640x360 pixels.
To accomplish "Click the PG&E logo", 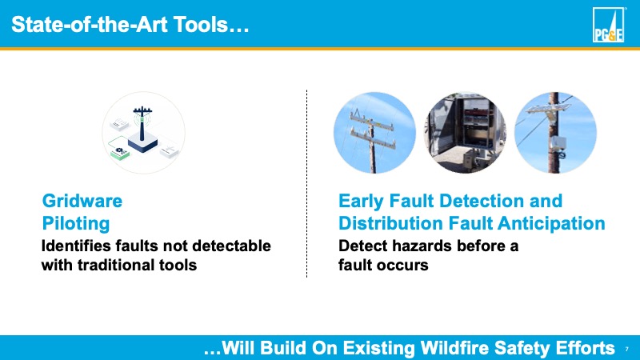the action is click(x=608, y=25).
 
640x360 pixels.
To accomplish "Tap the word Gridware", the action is click(x=82, y=201).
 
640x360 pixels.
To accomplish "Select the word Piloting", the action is click(x=76, y=224).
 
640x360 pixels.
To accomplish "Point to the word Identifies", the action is click(x=76, y=246).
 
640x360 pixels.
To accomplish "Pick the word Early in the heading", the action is click(x=361, y=202).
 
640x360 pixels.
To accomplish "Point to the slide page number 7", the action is click(x=627, y=349).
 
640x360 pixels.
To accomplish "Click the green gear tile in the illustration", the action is click(x=119, y=149).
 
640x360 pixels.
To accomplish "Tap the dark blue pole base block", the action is click(x=142, y=144).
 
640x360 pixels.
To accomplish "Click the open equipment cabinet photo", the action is click(x=466, y=133).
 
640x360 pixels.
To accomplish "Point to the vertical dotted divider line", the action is click(x=306, y=184).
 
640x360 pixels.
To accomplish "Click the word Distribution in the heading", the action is click(x=390, y=224).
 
